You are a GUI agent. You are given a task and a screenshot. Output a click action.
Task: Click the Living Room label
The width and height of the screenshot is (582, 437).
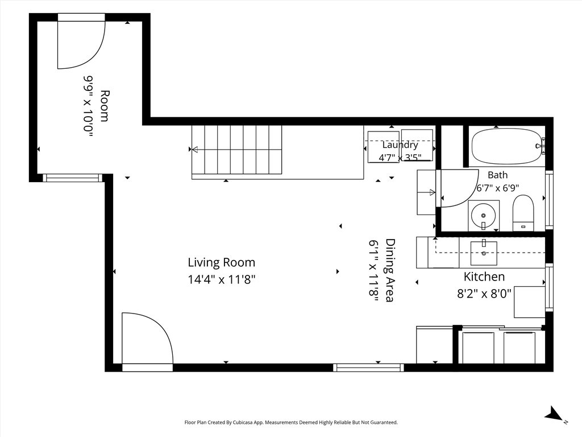pyautogui.click(x=222, y=262)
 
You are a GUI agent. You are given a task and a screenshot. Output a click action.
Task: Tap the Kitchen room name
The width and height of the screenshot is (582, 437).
pyautogui.click(x=484, y=277)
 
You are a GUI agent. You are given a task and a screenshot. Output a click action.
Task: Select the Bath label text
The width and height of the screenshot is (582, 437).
pyautogui.click(x=497, y=175)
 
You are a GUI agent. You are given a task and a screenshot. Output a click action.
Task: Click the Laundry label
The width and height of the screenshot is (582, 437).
pyautogui.click(x=400, y=145)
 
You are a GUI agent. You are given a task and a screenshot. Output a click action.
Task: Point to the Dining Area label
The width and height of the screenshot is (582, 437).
pyautogui.click(x=390, y=270)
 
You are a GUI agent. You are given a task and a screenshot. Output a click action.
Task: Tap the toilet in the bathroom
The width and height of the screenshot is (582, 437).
pyautogui.click(x=523, y=213)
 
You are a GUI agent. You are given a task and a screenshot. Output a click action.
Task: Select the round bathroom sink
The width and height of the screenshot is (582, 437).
pyautogui.click(x=483, y=216)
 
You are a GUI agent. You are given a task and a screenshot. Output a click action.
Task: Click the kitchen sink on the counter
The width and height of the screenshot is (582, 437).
pyautogui.click(x=484, y=253)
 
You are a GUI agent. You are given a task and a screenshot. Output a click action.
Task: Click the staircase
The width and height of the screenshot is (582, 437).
pyautogui.click(x=236, y=150)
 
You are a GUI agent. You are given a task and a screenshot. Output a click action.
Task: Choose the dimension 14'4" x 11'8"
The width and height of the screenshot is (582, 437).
pyautogui.click(x=222, y=279)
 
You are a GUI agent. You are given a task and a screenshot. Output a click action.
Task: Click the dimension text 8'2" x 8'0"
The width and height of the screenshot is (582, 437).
pyautogui.click(x=484, y=294)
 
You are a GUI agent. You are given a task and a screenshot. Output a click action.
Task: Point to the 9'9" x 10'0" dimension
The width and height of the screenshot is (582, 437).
pyautogui.click(x=88, y=106)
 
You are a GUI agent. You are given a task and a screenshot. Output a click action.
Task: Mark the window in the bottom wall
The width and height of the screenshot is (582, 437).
pyautogui.click(x=368, y=368)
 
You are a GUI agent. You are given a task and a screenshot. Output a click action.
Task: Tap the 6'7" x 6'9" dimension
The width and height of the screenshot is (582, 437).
pyautogui.click(x=497, y=188)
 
